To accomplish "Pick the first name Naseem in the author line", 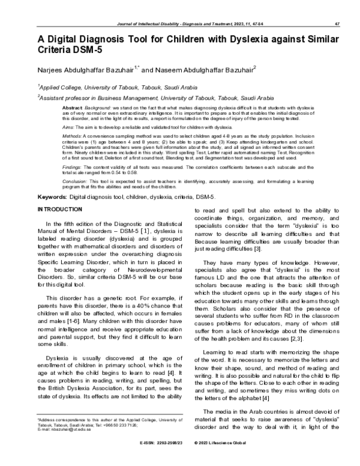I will click(x=173, y=70).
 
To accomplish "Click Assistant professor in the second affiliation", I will click(x=67, y=97).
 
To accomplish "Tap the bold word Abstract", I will click(x=72, y=106).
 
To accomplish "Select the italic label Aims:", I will click(x=69, y=128).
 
